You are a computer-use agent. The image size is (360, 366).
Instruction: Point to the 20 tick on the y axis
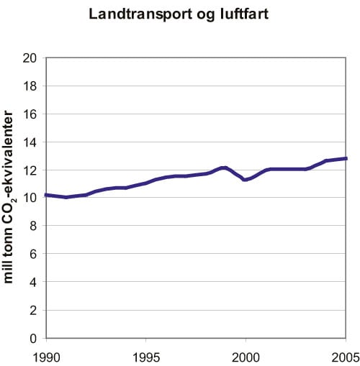31,58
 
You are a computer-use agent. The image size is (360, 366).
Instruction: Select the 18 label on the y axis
31,86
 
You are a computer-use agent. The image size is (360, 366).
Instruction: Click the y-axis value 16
31,114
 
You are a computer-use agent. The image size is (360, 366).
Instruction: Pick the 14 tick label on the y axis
31,142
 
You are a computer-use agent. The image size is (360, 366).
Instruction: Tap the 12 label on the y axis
31,170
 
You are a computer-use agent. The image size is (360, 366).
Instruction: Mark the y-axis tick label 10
31,198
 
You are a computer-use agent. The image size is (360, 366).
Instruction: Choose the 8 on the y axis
34,227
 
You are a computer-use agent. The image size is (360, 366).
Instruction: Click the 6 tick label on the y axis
34,255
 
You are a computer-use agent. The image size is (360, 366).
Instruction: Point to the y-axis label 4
34,283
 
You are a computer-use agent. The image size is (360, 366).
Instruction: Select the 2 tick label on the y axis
34,311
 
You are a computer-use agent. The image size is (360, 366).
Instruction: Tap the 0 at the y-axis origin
34,338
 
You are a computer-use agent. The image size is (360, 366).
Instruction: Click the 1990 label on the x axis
46,355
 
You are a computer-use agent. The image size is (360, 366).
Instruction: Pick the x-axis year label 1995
146,355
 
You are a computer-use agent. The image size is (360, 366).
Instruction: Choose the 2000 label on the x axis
246,355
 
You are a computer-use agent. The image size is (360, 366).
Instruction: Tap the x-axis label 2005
345,355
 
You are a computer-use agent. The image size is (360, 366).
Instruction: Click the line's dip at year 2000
246,180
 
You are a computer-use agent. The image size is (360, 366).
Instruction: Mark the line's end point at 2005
346,158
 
